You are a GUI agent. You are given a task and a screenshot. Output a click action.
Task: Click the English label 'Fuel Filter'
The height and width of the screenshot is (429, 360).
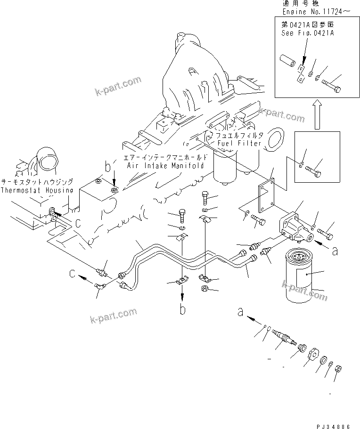tap(238, 143)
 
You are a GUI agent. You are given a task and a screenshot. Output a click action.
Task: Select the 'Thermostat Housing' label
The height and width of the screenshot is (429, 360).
tap(37, 190)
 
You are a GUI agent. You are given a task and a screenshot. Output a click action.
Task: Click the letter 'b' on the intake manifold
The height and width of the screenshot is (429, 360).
tap(108, 167)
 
